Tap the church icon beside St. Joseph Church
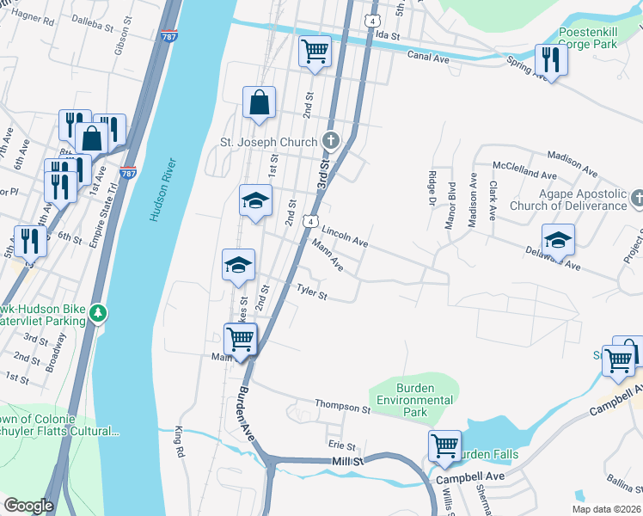(331, 140)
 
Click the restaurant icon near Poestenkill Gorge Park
(549, 58)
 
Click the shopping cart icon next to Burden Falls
(444, 445)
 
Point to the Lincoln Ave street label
(345, 237)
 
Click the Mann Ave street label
(328, 256)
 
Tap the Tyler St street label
(311, 293)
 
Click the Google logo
(28, 505)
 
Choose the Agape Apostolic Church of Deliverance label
(568, 200)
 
